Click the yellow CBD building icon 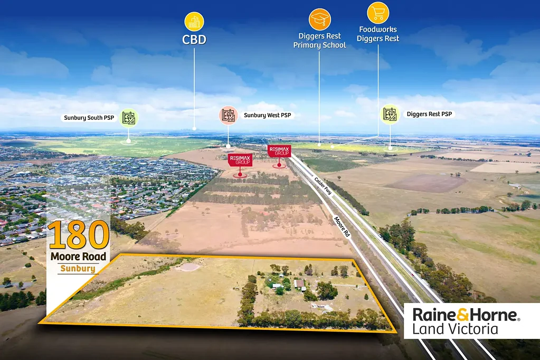(x=194, y=22)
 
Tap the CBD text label (x=194, y=40)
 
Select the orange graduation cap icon (x=319, y=20)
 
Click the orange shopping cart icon (x=378, y=13)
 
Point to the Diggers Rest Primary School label (x=319, y=41)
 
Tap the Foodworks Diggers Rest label (x=378, y=34)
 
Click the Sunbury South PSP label (x=89, y=118)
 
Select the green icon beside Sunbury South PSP (x=129, y=118)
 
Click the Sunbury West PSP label (x=267, y=115)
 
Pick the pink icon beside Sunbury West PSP (x=229, y=115)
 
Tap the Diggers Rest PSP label (x=429, y=114)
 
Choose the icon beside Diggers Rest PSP (x=390, y=115)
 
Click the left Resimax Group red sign (x=240, y=160)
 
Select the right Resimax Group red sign (x=279, y=151)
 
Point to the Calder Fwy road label (x=323, y=186)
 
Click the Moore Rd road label (x=342, y=226)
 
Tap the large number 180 (x=79, y=235)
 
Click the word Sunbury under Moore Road (x=78, y=268)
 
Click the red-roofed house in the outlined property (x=299, y=284)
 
